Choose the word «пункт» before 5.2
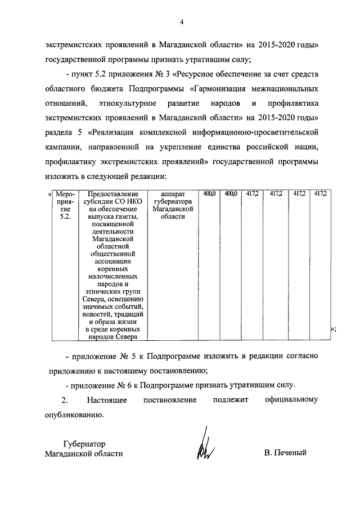click(x=83, y=74)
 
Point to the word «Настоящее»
click(x=107, y=400)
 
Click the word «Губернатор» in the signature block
click(x=84, y=443)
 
